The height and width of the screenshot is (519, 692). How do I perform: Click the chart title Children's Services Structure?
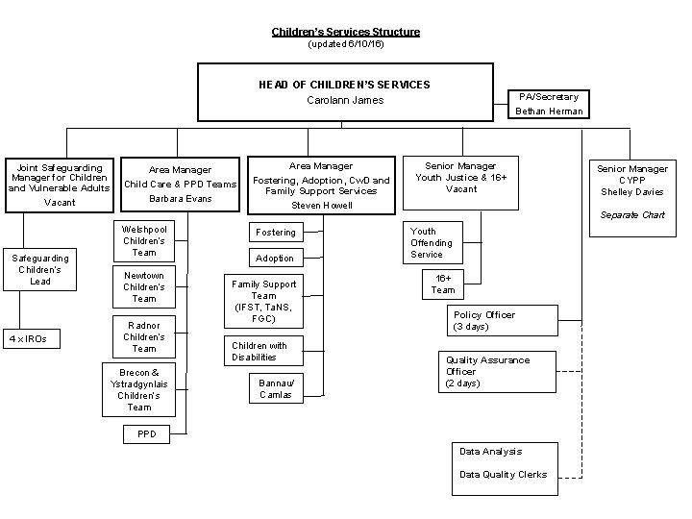345,32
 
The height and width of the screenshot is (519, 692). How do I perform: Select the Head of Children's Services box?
345,92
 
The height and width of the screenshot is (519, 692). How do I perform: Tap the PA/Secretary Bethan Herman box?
548,104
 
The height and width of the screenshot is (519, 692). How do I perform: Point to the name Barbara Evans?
180,199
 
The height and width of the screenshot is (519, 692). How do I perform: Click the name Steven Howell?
321,205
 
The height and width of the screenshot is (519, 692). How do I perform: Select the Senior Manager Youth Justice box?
461,178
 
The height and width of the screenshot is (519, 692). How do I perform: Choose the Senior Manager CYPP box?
631,181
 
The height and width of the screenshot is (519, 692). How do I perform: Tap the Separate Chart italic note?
631,214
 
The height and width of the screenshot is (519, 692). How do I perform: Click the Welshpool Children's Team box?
144,241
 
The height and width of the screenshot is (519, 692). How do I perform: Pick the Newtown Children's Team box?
144,286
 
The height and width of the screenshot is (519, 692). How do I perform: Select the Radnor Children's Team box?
144,337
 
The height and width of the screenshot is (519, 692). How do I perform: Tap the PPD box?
146,434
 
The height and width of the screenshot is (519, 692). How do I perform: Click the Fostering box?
276,233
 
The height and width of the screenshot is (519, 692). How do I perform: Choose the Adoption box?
276,259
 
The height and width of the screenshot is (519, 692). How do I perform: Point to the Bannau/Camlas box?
276,388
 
